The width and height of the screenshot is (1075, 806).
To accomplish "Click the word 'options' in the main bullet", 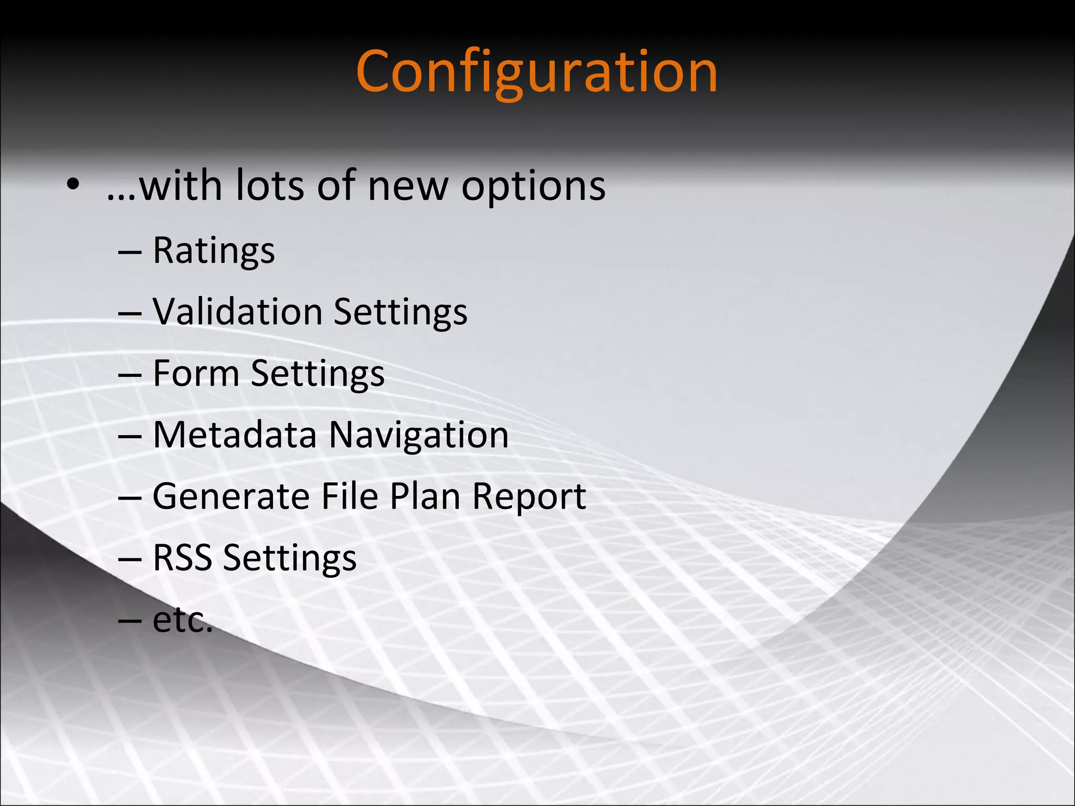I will pyautogui.click(x=533, y=187).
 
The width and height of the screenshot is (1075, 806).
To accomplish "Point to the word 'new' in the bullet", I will pyautogui.click(x=408, y=187).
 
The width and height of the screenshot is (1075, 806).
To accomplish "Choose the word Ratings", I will pyautogui.click(x=214, y=251).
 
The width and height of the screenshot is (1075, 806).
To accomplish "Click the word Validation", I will pyautogui.click(x=237, y=312).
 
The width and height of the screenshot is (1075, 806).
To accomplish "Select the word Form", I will pyautogui.click(x=196, y=373).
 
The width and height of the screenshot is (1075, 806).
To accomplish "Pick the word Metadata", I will pyautogui.click(x=235, y=434).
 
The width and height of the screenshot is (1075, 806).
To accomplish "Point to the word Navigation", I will pyautogui.click(x=419, y=436).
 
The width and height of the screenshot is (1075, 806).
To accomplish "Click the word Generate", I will pyautogui.click(x=230, y=496).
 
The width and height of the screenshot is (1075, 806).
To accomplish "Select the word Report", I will pyautogui.click(x=529, y=497).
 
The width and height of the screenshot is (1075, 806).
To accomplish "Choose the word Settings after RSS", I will pyautogui.click(x=290, y=558).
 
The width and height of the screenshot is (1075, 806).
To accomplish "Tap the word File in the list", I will pyautogui.click(x=349, y=496).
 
